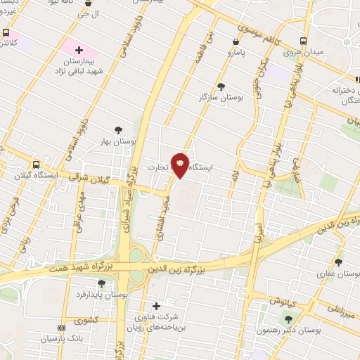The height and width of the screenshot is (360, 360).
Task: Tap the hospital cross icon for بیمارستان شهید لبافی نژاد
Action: click(x=79, y=51)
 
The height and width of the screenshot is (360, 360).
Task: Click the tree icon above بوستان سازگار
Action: click(x=221, y=86)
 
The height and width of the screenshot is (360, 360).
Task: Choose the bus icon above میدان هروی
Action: click(x=304, y=41)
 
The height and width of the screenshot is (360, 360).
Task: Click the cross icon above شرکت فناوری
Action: click(x=156, y=306)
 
